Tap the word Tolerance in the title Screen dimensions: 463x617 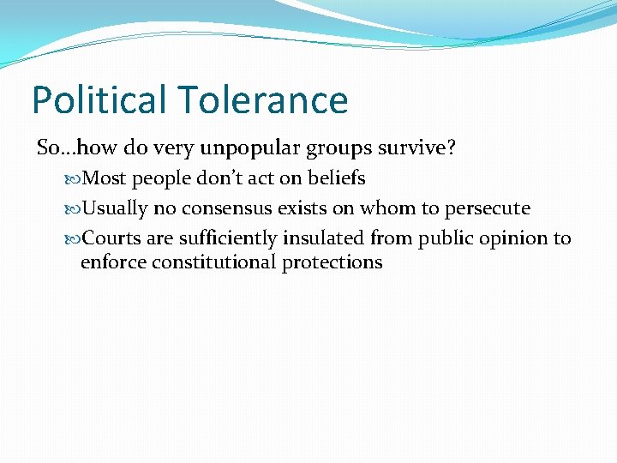pyautogui.click(x=265, y=100)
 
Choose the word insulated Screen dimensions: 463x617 pyautogui.click(x=323, y=238)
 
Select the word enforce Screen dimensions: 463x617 pyautogui.click(x=113, y=262)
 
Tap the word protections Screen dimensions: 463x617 pyautogui.click(x=332, y=262)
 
